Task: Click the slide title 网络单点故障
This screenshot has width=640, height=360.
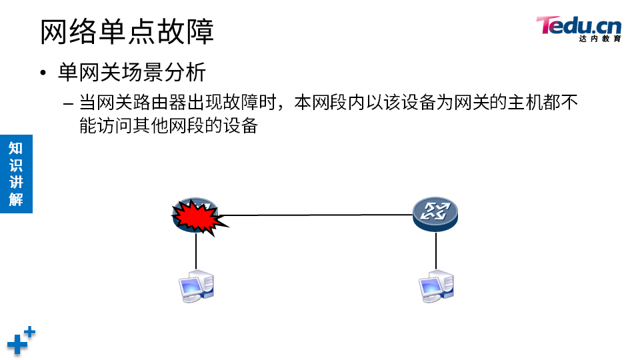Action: tap(127, 31)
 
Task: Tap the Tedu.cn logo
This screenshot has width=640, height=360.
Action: tap(578, 27)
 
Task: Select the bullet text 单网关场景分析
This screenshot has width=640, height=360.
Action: tap(132, 72)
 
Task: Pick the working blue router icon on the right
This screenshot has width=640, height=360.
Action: tap(435, 213)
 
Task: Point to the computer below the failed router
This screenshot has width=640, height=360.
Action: tap(196, 286)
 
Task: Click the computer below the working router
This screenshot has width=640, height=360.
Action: tap(436, 286)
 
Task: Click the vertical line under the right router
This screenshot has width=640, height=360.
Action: tap(436, 250)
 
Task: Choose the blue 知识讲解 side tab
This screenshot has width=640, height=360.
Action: tap(16, 173)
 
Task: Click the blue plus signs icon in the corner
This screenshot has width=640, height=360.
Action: tap(21, 340)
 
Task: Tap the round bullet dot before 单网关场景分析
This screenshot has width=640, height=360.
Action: tap(44, 73)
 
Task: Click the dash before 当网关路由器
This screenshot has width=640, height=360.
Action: tap(69, 104)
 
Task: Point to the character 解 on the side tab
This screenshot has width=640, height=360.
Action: tap(16, 199)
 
